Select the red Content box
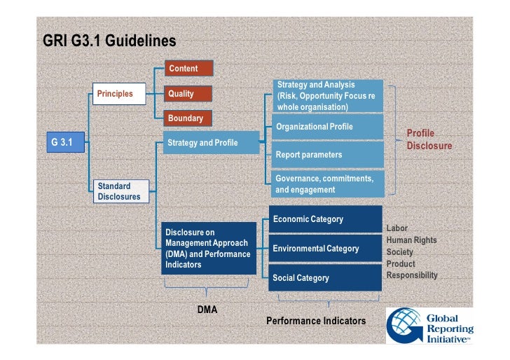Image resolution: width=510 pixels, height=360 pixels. (x=189, y=69)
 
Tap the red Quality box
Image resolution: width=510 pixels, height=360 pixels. (x=189, y=94)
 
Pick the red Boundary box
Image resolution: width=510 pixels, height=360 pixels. (x=189, y=118)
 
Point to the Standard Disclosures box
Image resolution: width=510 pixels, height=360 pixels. (x=120, y=191)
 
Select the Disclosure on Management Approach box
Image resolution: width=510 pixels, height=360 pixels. (x=209, y=249)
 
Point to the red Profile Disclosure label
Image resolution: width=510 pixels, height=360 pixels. (x=429, y=139)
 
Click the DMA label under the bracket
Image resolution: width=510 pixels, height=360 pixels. (x=207, y=309)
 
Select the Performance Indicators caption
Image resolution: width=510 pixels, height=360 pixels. (x=316, y=321)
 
